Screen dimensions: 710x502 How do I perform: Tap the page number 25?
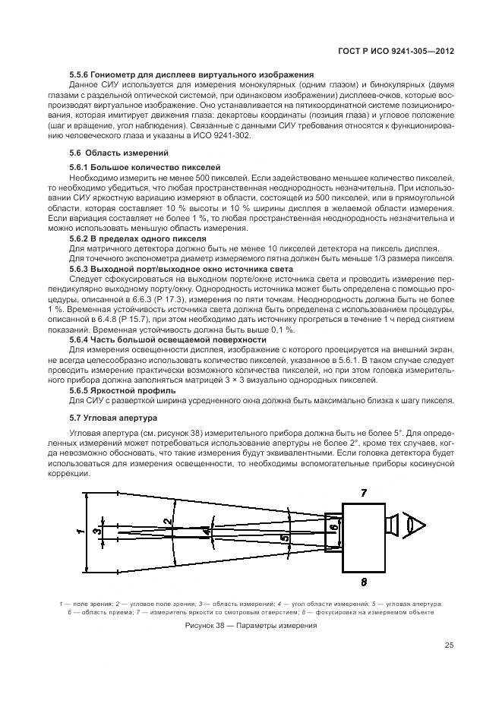pos(449,646)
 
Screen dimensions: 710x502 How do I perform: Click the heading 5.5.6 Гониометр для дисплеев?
pos(191,74)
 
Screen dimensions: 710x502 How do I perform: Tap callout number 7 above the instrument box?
pos(363,494)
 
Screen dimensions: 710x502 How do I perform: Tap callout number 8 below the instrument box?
pos(363,582)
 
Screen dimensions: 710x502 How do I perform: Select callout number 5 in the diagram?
pos(285,538)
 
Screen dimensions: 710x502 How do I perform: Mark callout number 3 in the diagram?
pos(96,531)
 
